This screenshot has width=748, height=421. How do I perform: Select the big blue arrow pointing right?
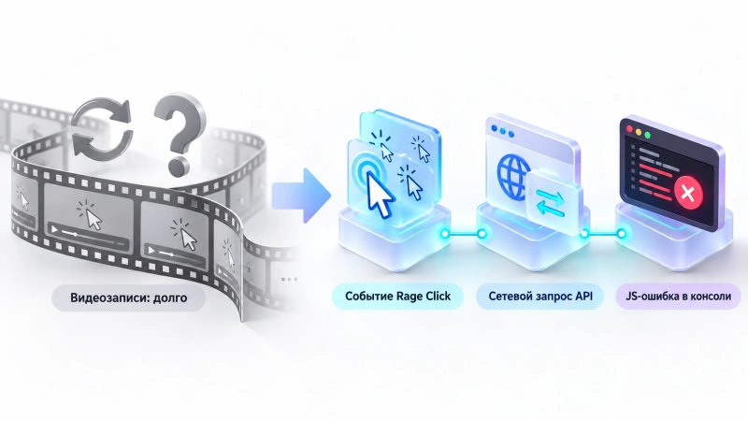coord(301,196)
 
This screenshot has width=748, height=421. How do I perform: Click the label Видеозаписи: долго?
coord(129,298)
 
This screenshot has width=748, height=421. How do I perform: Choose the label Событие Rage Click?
coord(398,297)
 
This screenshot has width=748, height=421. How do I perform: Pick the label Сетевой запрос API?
coord(540,297)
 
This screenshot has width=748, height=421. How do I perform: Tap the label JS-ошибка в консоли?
coord(679,297)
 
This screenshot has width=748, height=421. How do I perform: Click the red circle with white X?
coord(688,194)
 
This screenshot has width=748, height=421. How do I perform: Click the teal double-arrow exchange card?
coord(554,202)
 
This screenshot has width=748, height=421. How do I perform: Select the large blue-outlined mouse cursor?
coord(381,194)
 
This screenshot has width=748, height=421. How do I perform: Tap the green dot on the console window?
coord(648,135)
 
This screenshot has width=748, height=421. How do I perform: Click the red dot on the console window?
coord(629,129)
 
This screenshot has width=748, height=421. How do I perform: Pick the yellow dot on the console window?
coord(639,132)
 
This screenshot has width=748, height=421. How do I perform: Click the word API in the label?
coord(583,296)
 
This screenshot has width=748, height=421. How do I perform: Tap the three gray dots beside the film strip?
coord(289,279)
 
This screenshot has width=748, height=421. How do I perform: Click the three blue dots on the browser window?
coord(503,132)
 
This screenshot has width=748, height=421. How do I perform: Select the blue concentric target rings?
coord(366,168)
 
